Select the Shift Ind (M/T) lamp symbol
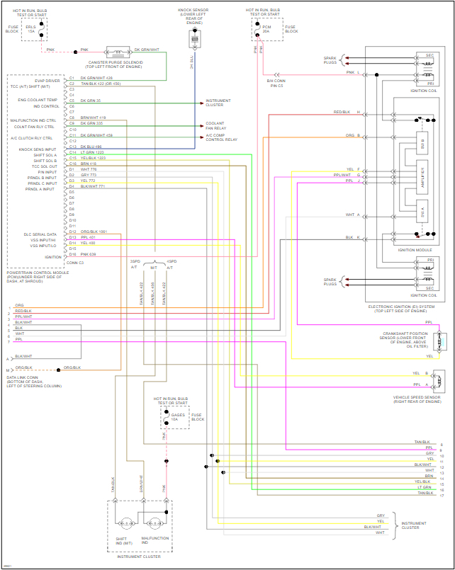pyautogui.click(x=127, y=523)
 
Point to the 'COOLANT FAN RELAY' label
pyautogui.click(x=215, y=125)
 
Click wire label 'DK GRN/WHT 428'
pyautogui.click(x=96, y=78)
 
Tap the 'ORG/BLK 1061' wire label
pyautogui.click(x=94, y=232)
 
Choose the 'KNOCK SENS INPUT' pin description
pyautogui.click(x=38, y=149)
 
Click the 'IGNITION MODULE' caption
pyautogui.click(x=415, y=250)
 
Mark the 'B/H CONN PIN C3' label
pyautogui.click(x=276, y=84)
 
